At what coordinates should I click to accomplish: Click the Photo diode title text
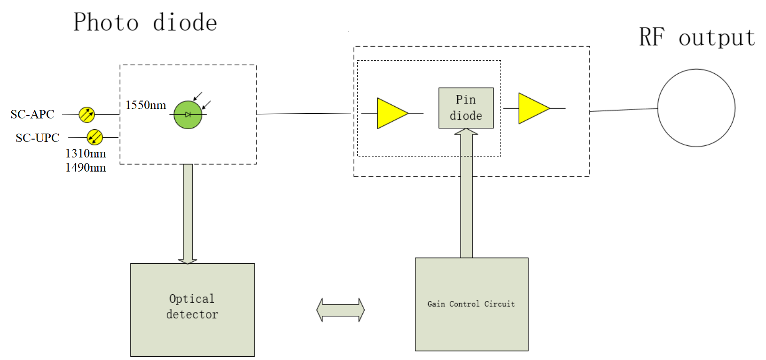tap(145, 23)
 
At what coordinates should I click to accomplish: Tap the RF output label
tap(696, 37)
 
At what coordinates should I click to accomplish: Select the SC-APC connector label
tap(32, 114)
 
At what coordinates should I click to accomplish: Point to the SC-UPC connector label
tap(38, 138)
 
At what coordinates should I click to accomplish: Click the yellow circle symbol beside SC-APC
tap(87, 114)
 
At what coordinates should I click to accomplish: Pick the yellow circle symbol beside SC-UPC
tap(95, 137)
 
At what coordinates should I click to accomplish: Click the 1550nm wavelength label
tap(146, 105)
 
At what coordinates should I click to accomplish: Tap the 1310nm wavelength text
tap(86, 154)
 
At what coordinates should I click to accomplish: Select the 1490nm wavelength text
tap(86, 168)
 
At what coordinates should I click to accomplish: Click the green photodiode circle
tap(188, 115)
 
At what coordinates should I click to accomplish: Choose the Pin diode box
tap(466, 108)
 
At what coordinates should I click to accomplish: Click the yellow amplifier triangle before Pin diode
tap(391, 113)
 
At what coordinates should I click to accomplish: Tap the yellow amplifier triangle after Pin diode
tap(533, 108)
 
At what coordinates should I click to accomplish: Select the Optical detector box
tap(192, 309)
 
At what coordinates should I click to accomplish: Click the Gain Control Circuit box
tap(471, 304)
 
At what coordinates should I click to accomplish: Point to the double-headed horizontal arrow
tap(341, 310)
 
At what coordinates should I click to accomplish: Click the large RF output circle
tap(696, 108)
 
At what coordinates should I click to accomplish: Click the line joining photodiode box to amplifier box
tap(305, 114)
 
